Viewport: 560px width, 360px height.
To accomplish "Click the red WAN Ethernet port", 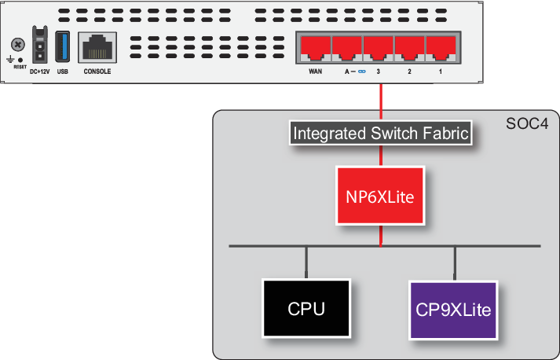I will [316, 50].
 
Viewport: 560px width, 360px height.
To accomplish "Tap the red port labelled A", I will [347, 50].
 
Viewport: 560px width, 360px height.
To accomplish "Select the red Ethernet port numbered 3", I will [379, 50].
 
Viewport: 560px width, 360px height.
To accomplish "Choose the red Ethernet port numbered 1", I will [441, 50].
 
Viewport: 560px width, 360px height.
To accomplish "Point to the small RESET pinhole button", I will [20, 60].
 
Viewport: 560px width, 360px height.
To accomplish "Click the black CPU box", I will [306, 309].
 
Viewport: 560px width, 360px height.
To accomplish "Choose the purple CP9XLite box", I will [453, 309].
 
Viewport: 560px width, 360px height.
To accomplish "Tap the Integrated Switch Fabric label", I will [381, 134].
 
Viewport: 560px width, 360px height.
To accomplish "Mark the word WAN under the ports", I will [315, 72].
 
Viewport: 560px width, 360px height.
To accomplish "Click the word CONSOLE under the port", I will [97, 72].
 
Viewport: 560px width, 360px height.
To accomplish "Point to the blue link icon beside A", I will [362, 72].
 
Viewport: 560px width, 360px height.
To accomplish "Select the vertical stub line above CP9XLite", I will [454, 263].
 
